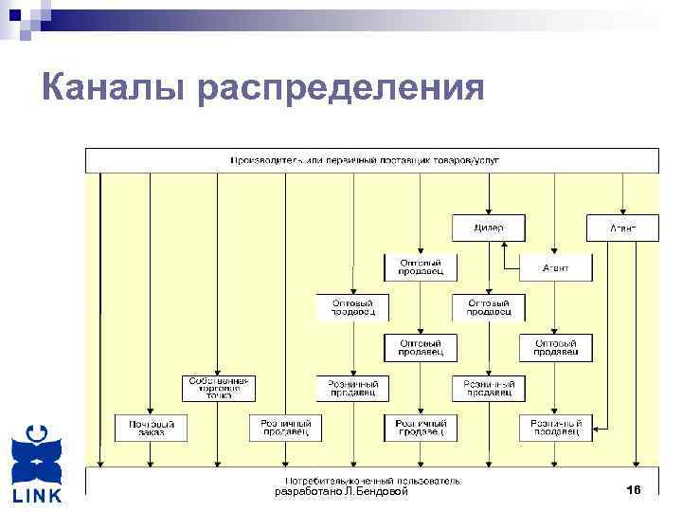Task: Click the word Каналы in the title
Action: point(115,87)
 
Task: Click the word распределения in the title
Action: point(342,89)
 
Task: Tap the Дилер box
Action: point(489,228)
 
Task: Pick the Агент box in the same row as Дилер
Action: point(622,228)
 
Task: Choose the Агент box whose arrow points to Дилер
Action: point(556,267)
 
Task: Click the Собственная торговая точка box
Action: point(218,388)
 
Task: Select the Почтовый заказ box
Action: point(150,428)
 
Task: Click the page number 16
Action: point(634,490)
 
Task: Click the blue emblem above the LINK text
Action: point(37,454)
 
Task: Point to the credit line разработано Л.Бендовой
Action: point(341,492)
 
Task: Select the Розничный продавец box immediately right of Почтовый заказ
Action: point(285,428)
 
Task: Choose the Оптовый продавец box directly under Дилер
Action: point(489,307)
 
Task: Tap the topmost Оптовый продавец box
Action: point(421,267)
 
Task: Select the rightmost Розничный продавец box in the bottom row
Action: point(556,428)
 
